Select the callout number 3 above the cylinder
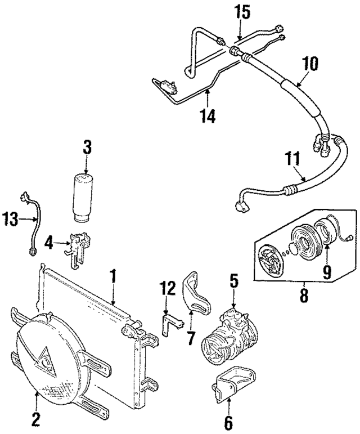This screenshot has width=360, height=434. (86, 149)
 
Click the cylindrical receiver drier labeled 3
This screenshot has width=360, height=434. (86, 196)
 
